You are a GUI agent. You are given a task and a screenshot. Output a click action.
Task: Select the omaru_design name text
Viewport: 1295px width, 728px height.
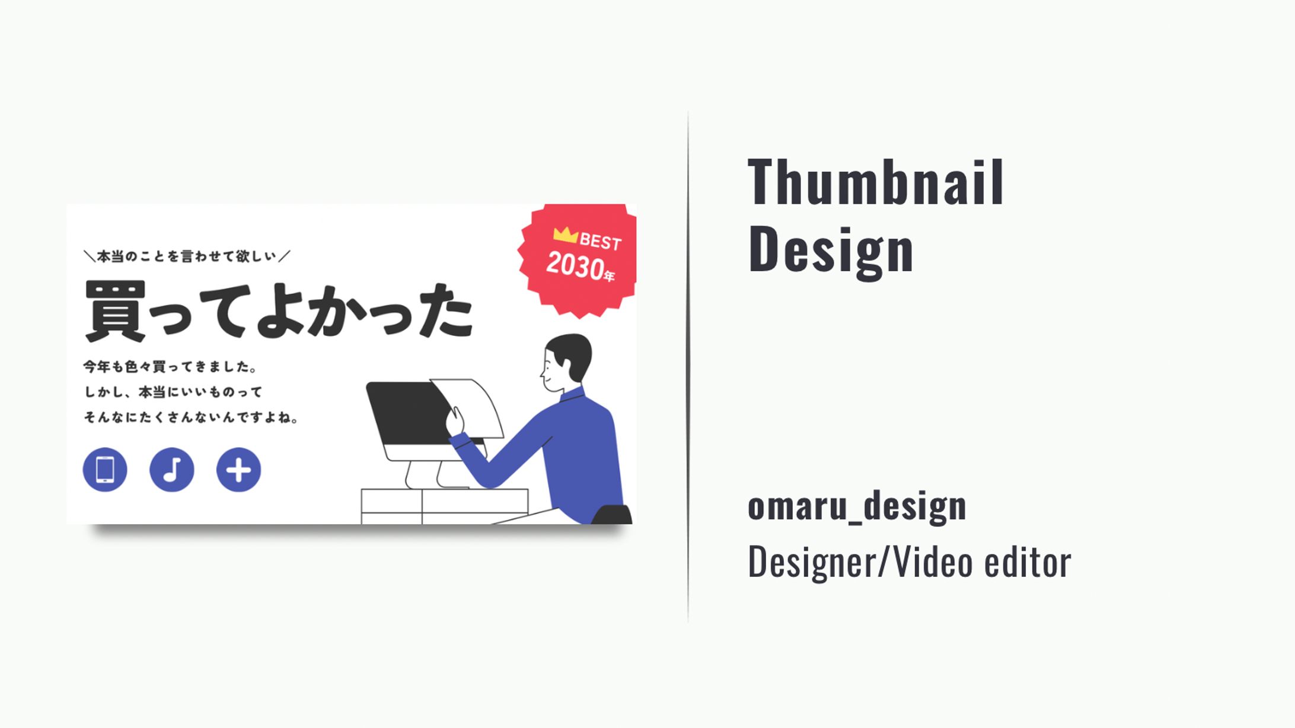coord(857,506)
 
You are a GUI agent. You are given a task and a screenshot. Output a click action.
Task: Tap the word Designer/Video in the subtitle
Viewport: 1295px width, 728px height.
coord(860,562)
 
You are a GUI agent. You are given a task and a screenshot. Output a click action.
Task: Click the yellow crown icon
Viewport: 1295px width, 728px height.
coord(565,235)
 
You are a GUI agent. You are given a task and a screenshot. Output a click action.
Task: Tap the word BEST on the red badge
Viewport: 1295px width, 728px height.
coord(600,241)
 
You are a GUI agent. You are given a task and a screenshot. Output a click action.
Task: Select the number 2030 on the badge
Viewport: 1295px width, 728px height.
coord(574,265)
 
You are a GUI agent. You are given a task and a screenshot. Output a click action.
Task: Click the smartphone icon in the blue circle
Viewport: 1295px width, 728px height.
coord(105,470)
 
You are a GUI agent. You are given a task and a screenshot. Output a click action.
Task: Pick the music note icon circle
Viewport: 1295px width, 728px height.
coord(172,470)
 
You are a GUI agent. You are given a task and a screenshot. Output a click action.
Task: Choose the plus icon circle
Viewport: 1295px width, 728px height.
coord(238,470)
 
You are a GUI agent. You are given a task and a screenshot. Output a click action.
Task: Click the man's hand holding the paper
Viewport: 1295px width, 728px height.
coord(455,422)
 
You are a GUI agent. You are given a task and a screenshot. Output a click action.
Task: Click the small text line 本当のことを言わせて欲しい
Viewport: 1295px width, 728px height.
coord(187,256)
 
